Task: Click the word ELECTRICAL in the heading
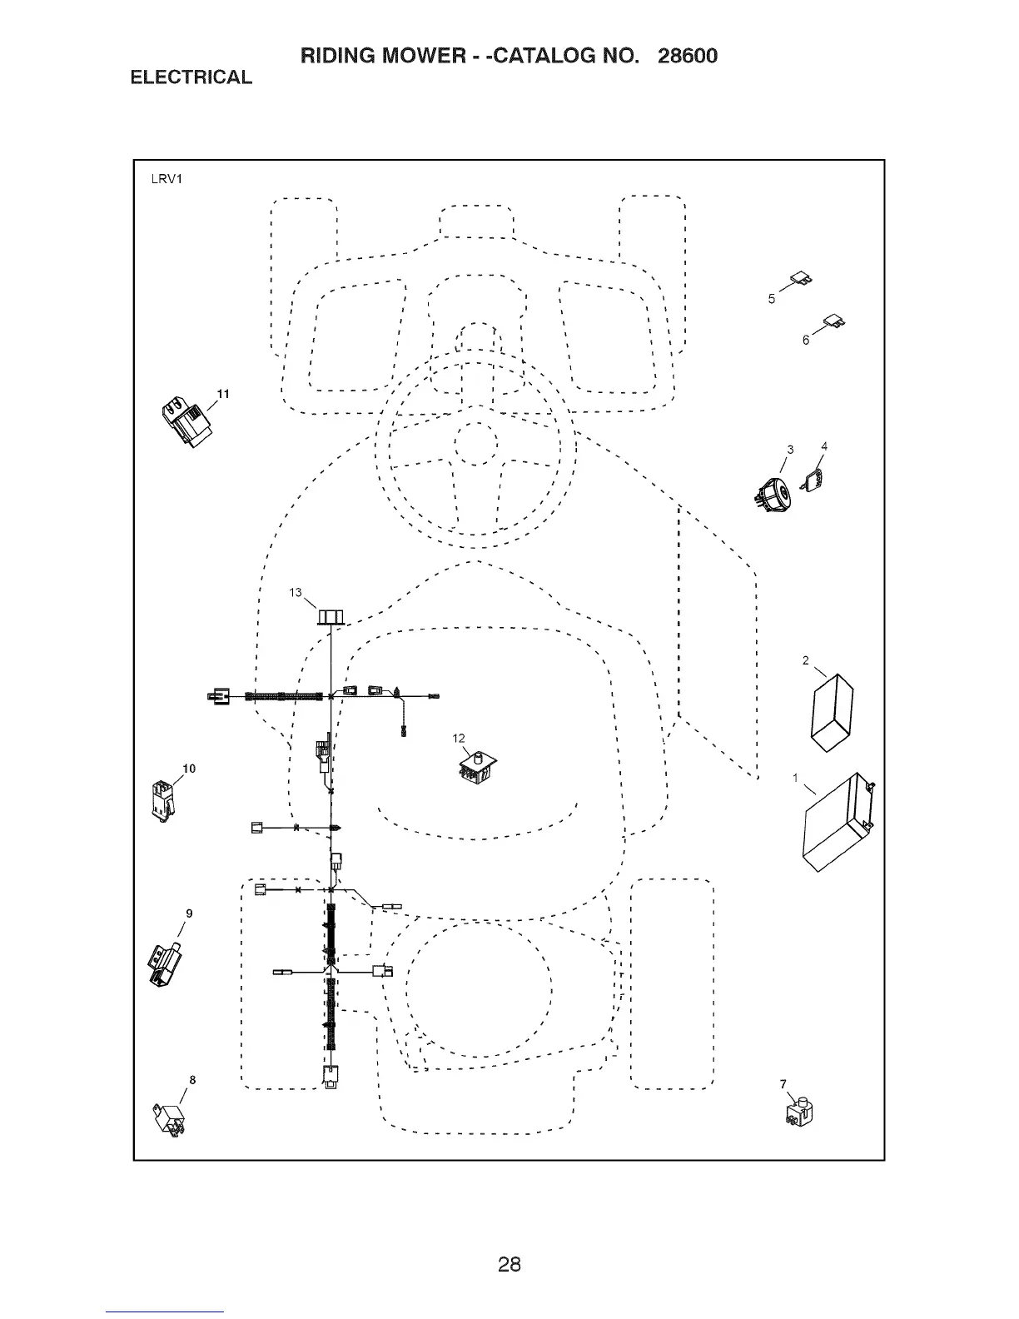[191, 77]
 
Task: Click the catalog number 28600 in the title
[687, 56]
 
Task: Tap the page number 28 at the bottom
[509, 1264]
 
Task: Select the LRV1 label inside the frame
[167, 178]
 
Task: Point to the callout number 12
[459, 738]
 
